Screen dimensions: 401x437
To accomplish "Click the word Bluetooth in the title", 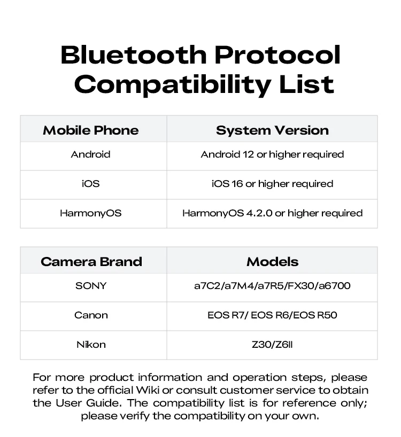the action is pos(134,54).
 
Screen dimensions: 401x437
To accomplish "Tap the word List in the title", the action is pos(306,84).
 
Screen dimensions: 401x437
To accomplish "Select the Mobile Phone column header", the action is pos(91,130).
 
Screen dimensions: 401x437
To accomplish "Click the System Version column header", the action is pos(272,130).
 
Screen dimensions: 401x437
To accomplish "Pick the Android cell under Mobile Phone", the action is pos(91,154).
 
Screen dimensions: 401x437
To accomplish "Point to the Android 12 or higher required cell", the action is pos(272,155).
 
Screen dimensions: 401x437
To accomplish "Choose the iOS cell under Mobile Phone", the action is pos(91,184).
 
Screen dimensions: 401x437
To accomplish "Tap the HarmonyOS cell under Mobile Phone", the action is pos(91,213).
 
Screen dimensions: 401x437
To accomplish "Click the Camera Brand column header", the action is pos(91,262).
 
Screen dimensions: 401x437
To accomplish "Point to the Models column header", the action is pos(273,262).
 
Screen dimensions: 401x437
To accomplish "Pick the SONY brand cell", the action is pos(91,286).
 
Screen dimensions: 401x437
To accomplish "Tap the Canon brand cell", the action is pos(91,315).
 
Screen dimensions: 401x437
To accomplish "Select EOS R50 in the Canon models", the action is pos(315,315).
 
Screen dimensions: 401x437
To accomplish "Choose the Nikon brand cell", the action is pos(91,345).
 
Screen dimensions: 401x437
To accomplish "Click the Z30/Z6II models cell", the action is pos(272,345).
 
